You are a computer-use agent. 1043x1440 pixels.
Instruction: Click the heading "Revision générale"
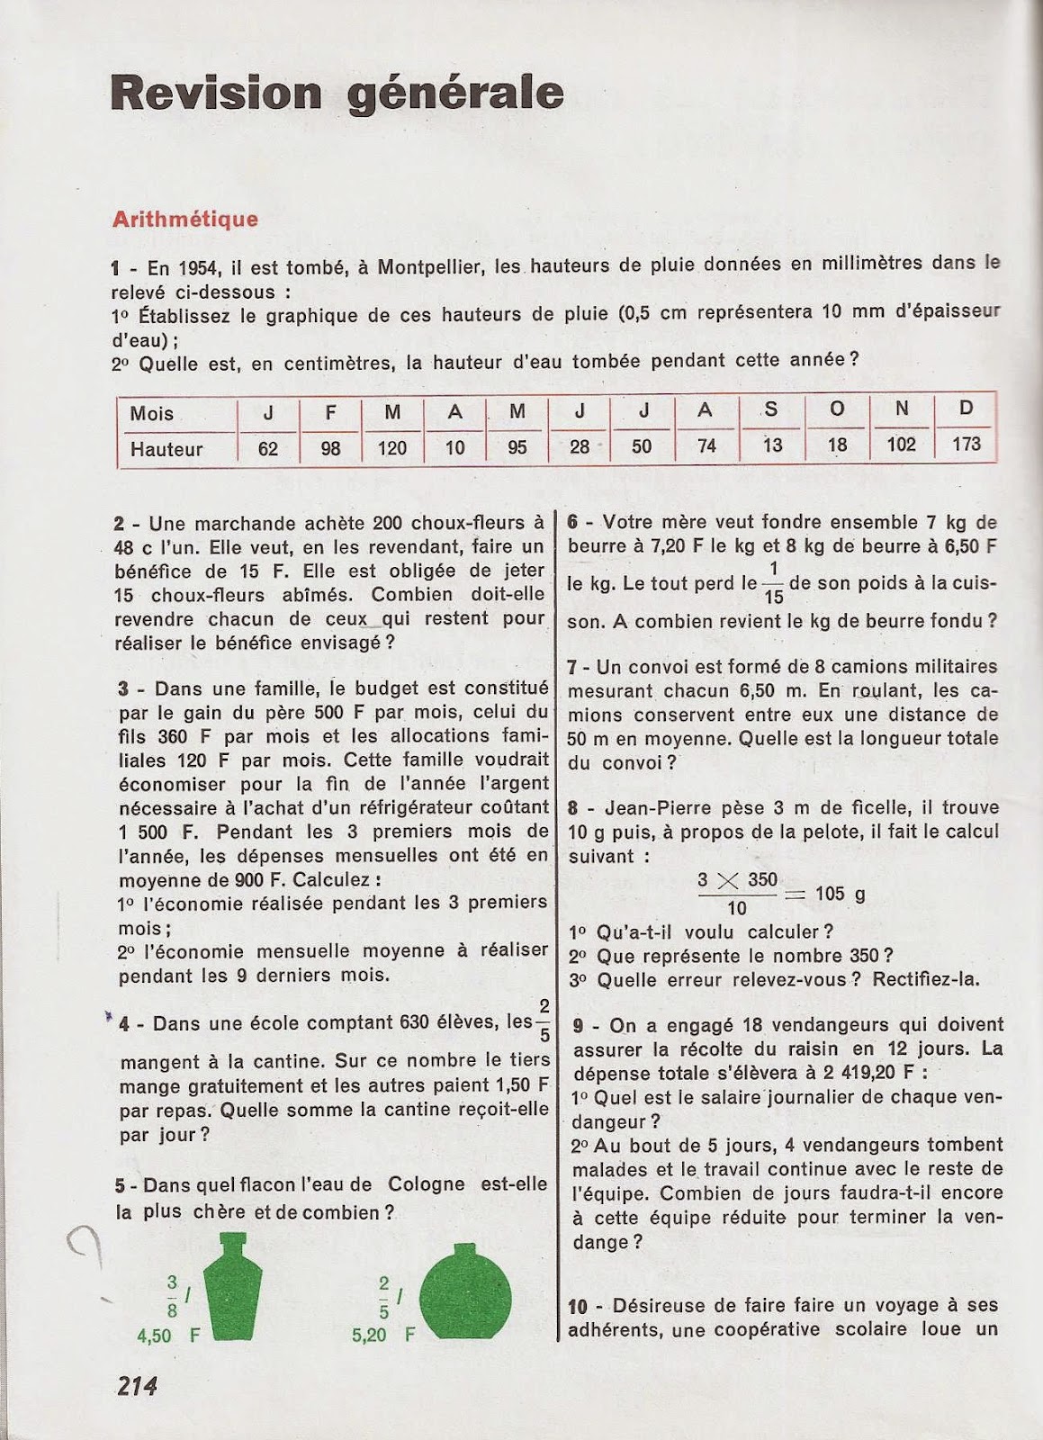337,94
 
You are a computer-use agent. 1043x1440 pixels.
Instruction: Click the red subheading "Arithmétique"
184,219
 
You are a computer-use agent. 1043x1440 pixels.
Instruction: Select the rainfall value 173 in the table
966,445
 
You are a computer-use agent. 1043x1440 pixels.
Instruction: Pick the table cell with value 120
391,447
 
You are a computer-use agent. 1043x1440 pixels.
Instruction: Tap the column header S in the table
771,409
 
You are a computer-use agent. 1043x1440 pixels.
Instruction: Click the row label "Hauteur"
166,448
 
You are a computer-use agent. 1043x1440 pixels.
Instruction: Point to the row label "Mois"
151,413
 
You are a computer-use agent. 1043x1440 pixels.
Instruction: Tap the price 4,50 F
168,1336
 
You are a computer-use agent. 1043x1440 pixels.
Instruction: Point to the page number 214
137,1387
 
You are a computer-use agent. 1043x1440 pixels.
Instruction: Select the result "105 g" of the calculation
841,894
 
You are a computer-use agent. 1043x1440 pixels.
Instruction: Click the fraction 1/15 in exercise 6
773,583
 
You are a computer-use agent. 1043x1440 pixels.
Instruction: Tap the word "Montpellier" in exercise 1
432,267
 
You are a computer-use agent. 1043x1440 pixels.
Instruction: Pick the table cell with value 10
454,447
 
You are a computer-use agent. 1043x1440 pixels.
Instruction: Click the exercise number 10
578,1306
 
